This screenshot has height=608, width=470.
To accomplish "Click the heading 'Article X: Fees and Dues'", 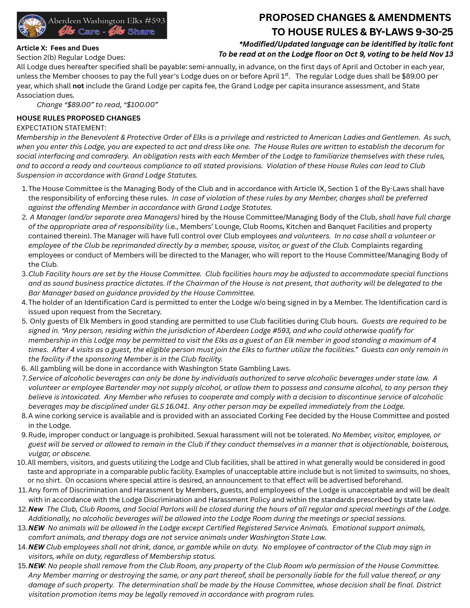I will tap(58, 48).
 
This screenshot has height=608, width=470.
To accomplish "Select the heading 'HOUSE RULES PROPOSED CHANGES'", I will tap(78, 118).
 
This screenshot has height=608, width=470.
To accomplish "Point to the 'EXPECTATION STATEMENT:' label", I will tap(61, 128).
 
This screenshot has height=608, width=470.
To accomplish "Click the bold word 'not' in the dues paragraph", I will tap(78, 86).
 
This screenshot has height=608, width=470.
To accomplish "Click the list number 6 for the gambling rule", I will tap(24, 368).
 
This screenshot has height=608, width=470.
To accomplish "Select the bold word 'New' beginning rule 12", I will tap(36, 509).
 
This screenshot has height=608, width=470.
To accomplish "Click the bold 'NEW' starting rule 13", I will tap(36, 528).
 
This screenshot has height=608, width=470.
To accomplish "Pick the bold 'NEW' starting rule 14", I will tap(36, 547).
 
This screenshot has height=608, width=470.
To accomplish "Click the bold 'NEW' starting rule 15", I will tap(36, 566).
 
